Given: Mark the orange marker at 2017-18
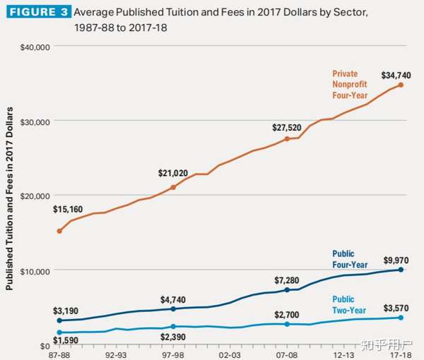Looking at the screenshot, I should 401,85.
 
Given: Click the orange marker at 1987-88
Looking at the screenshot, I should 59,232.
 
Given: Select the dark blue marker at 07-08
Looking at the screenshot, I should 287,290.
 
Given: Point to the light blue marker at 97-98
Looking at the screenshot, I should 173,327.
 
